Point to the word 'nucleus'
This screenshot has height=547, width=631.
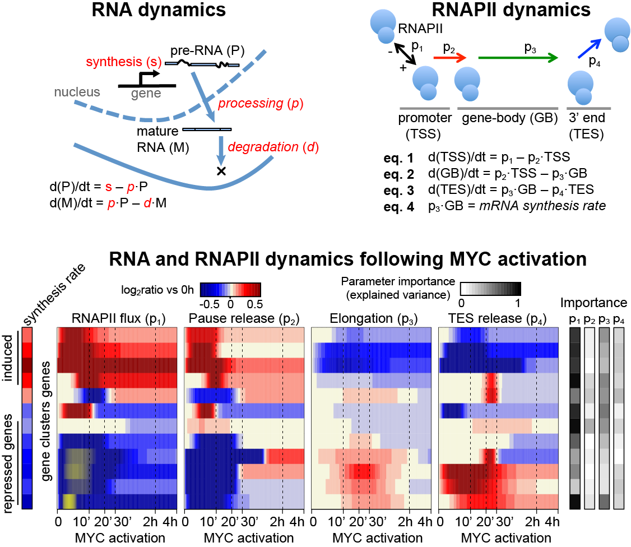point(77,91)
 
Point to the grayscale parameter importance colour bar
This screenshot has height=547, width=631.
point(490,289)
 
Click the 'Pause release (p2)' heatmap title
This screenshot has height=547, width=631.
point(243,319)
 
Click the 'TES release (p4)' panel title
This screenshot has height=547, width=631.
point(498,319)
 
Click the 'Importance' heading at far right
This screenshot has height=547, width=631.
point(593,303)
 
